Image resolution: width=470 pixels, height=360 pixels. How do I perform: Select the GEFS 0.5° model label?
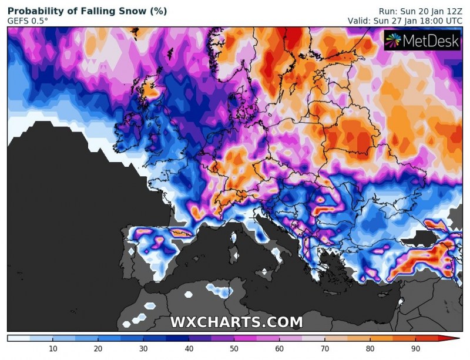28,21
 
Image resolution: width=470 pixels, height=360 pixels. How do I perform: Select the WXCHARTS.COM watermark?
236,322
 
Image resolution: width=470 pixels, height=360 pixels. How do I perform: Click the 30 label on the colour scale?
143,349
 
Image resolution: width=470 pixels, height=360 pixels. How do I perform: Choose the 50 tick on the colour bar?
234,349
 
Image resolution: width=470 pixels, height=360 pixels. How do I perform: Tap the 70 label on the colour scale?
324,349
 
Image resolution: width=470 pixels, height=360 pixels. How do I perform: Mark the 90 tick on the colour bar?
415,349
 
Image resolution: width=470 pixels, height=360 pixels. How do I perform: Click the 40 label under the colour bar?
188,349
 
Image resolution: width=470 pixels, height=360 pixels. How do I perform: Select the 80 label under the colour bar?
370,349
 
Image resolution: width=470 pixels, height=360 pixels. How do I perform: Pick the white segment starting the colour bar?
18,338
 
